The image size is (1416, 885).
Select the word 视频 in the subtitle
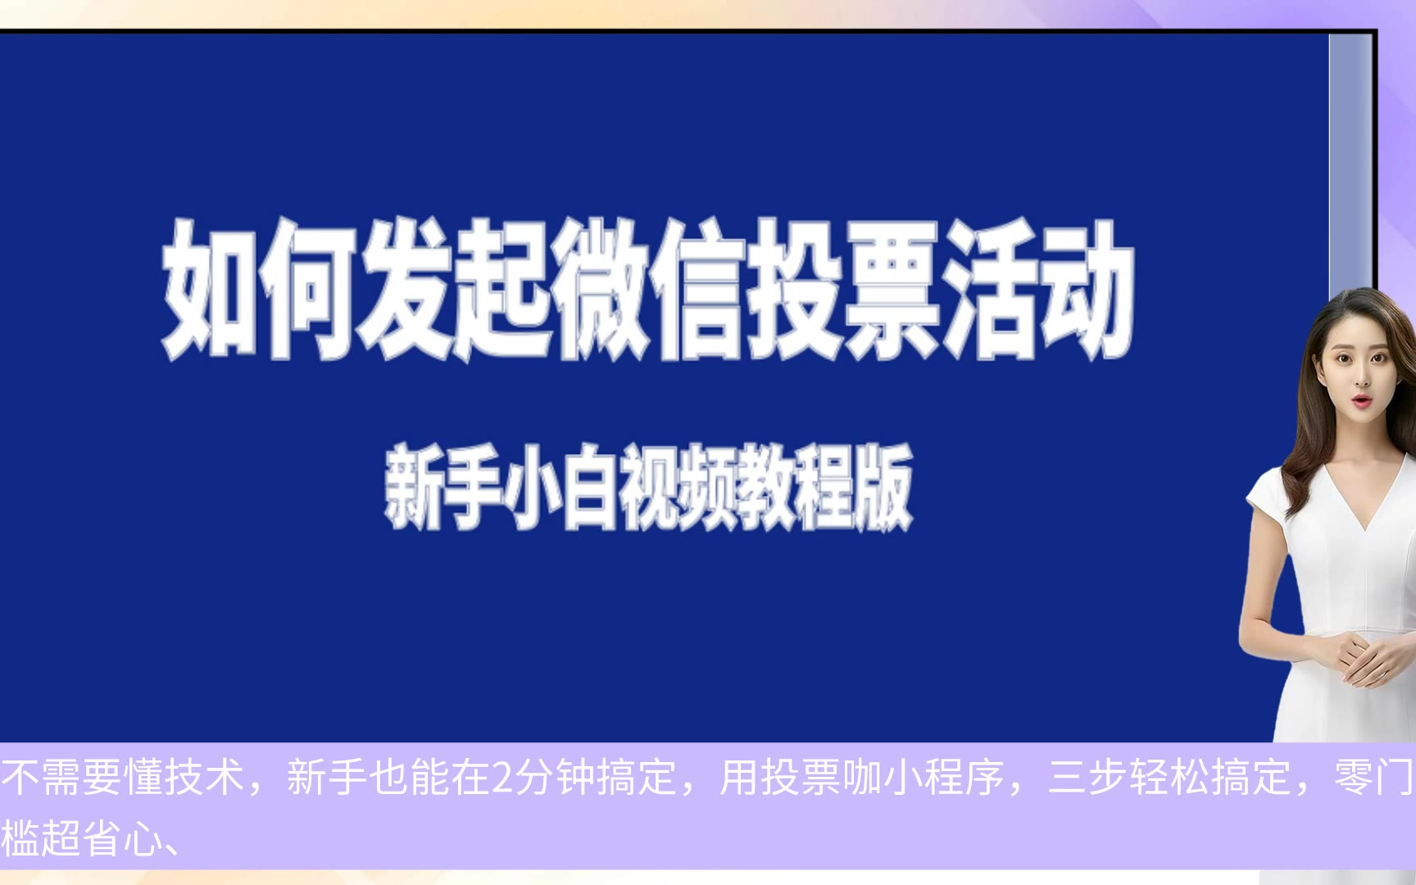pos(677,487)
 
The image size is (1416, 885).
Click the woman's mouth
pos(1360,401)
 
